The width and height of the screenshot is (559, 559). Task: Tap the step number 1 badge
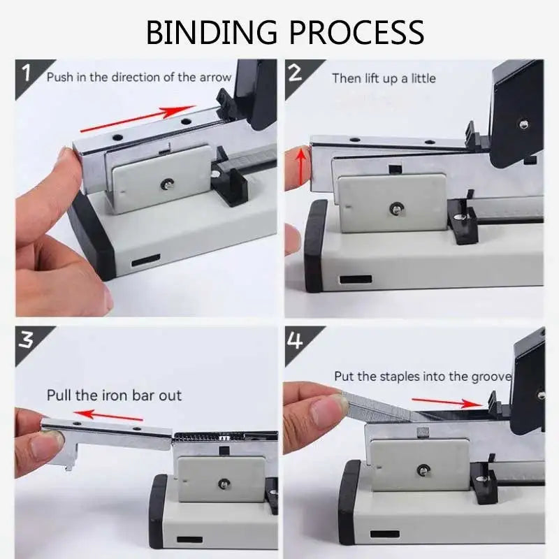tap(27, 72)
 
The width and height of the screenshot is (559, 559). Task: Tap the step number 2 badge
tap(296, 72)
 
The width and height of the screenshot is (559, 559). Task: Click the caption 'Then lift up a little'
tap(383, 78)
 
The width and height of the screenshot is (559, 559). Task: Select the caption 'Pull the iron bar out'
tap(114, 395)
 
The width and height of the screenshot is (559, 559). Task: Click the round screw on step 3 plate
tap(222, 482)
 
